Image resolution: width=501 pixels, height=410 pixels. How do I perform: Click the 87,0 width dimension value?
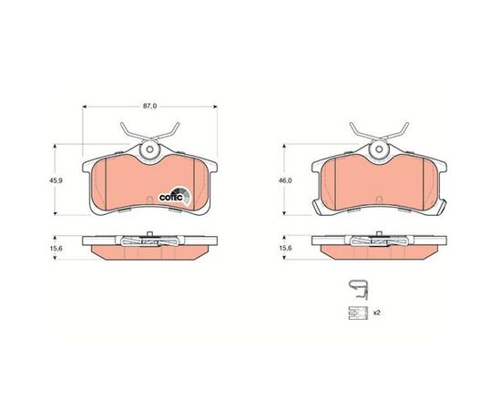coord(149,107)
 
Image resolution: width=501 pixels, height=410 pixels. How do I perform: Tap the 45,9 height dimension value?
coord(56,180)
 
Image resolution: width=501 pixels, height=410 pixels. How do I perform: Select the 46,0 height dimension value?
coord(285,180)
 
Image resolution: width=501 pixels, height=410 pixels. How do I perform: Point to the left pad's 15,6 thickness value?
coord(56,248)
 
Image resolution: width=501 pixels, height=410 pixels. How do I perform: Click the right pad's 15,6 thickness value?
coord(285,248)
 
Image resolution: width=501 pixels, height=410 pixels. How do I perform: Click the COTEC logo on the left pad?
coord(175,196)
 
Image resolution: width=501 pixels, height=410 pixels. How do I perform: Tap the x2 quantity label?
coord(377,313)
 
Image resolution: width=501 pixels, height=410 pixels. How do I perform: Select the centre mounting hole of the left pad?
coord(149,149)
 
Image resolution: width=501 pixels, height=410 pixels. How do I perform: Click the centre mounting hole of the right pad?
coord(379,149)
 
